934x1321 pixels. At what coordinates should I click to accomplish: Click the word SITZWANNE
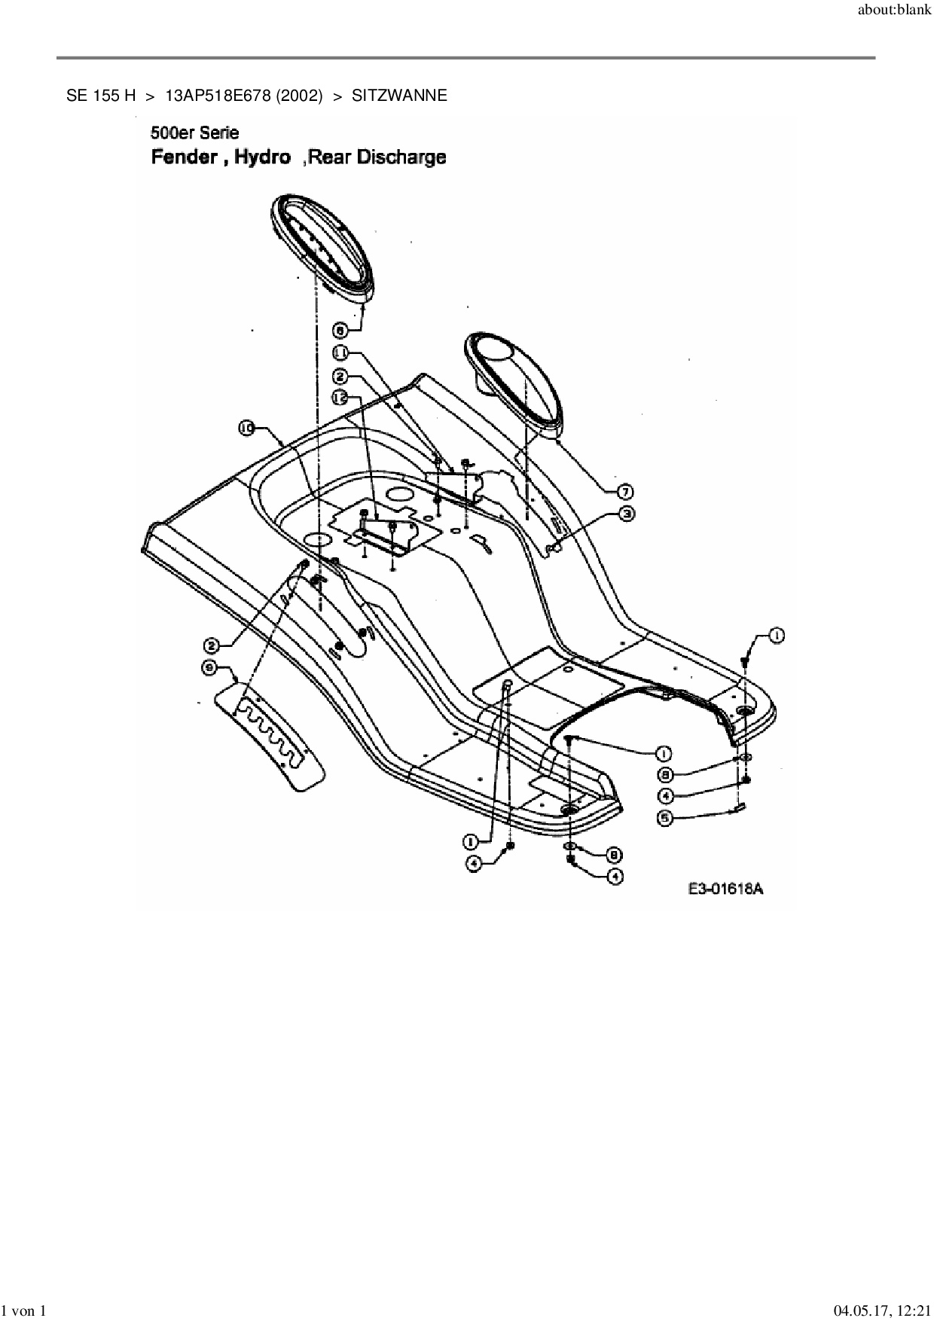pyautogui.click(x=399, y=96)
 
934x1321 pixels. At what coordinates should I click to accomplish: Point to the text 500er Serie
pyautogui.click(x=195, y=133)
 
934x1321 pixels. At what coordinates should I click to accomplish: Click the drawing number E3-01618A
pyautogui.click(x=725, y=889)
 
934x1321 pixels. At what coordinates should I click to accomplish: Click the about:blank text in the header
pyautogui.click(x=894, y=11)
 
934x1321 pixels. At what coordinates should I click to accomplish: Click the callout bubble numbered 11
pyautogui.click(x=340, y=352)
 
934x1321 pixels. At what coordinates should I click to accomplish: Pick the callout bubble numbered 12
pyautogui.click(x=340, y=395)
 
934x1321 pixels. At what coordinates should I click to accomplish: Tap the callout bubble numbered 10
pyautogui.click(x=246, y=429)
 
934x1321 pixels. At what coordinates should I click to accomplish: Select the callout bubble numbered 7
pyautogui.click(x=624, y=492)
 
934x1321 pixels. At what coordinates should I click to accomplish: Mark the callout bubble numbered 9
pyautogui.click(x=665, y=773)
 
